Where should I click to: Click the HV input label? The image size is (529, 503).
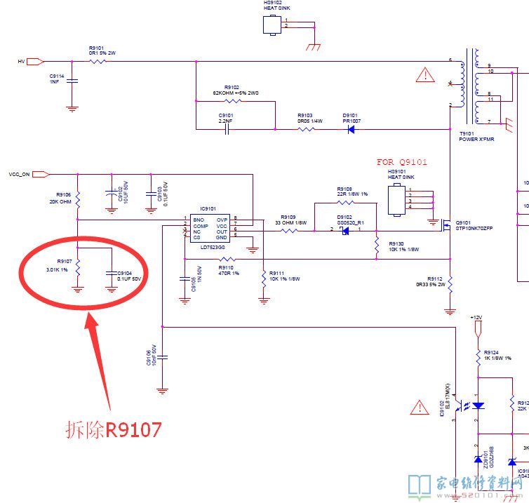[x=21, y=62]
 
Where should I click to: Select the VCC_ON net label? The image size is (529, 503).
[x=19, y=174]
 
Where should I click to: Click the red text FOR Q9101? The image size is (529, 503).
[x=402, y=162]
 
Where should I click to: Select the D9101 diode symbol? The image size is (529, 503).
[x=351, y=129]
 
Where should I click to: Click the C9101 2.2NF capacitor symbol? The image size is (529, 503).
[x=227, y=129]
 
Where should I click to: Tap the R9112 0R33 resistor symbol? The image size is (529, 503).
[x=450, y=284]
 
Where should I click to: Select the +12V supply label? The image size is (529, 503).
[x=476, y=318]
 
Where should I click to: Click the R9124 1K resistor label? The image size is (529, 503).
[x=495, y=355]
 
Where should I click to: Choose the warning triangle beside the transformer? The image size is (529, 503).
[x=424, y=74]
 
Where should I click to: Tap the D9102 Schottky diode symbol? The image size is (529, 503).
[x=344, y=230]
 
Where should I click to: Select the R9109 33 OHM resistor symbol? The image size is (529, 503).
[x=289, y=230]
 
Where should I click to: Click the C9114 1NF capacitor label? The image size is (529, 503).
[x=57, y=79]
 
